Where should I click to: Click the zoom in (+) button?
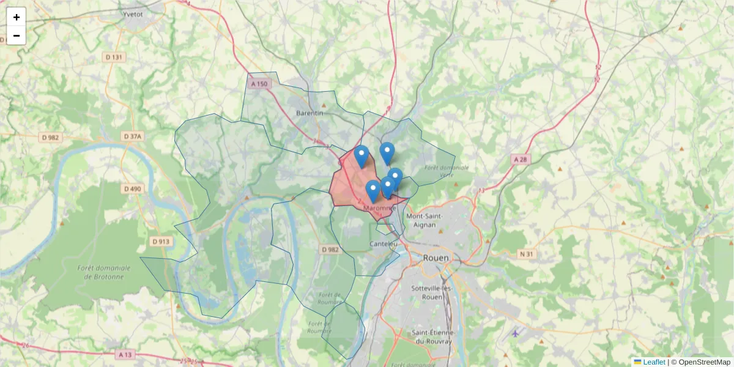(17, 17)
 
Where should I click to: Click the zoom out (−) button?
(17, 35)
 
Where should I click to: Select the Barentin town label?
(309, 113)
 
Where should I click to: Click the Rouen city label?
(436, 258)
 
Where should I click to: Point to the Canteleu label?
(384, 243)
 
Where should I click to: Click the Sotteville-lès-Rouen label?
(428, 292)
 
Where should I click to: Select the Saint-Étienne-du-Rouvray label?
(432, 337)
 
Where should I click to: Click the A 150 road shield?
(259, 84)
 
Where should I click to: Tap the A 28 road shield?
(520, 159)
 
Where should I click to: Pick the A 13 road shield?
(125, 354)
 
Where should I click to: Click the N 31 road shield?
(526, 254)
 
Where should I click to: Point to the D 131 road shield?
(114, 57)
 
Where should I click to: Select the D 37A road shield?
(132, 136)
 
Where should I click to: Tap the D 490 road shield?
(132, 189)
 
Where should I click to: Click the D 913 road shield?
(160, 242)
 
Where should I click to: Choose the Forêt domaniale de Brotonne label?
(104, 272)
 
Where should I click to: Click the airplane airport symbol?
(516, 333)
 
